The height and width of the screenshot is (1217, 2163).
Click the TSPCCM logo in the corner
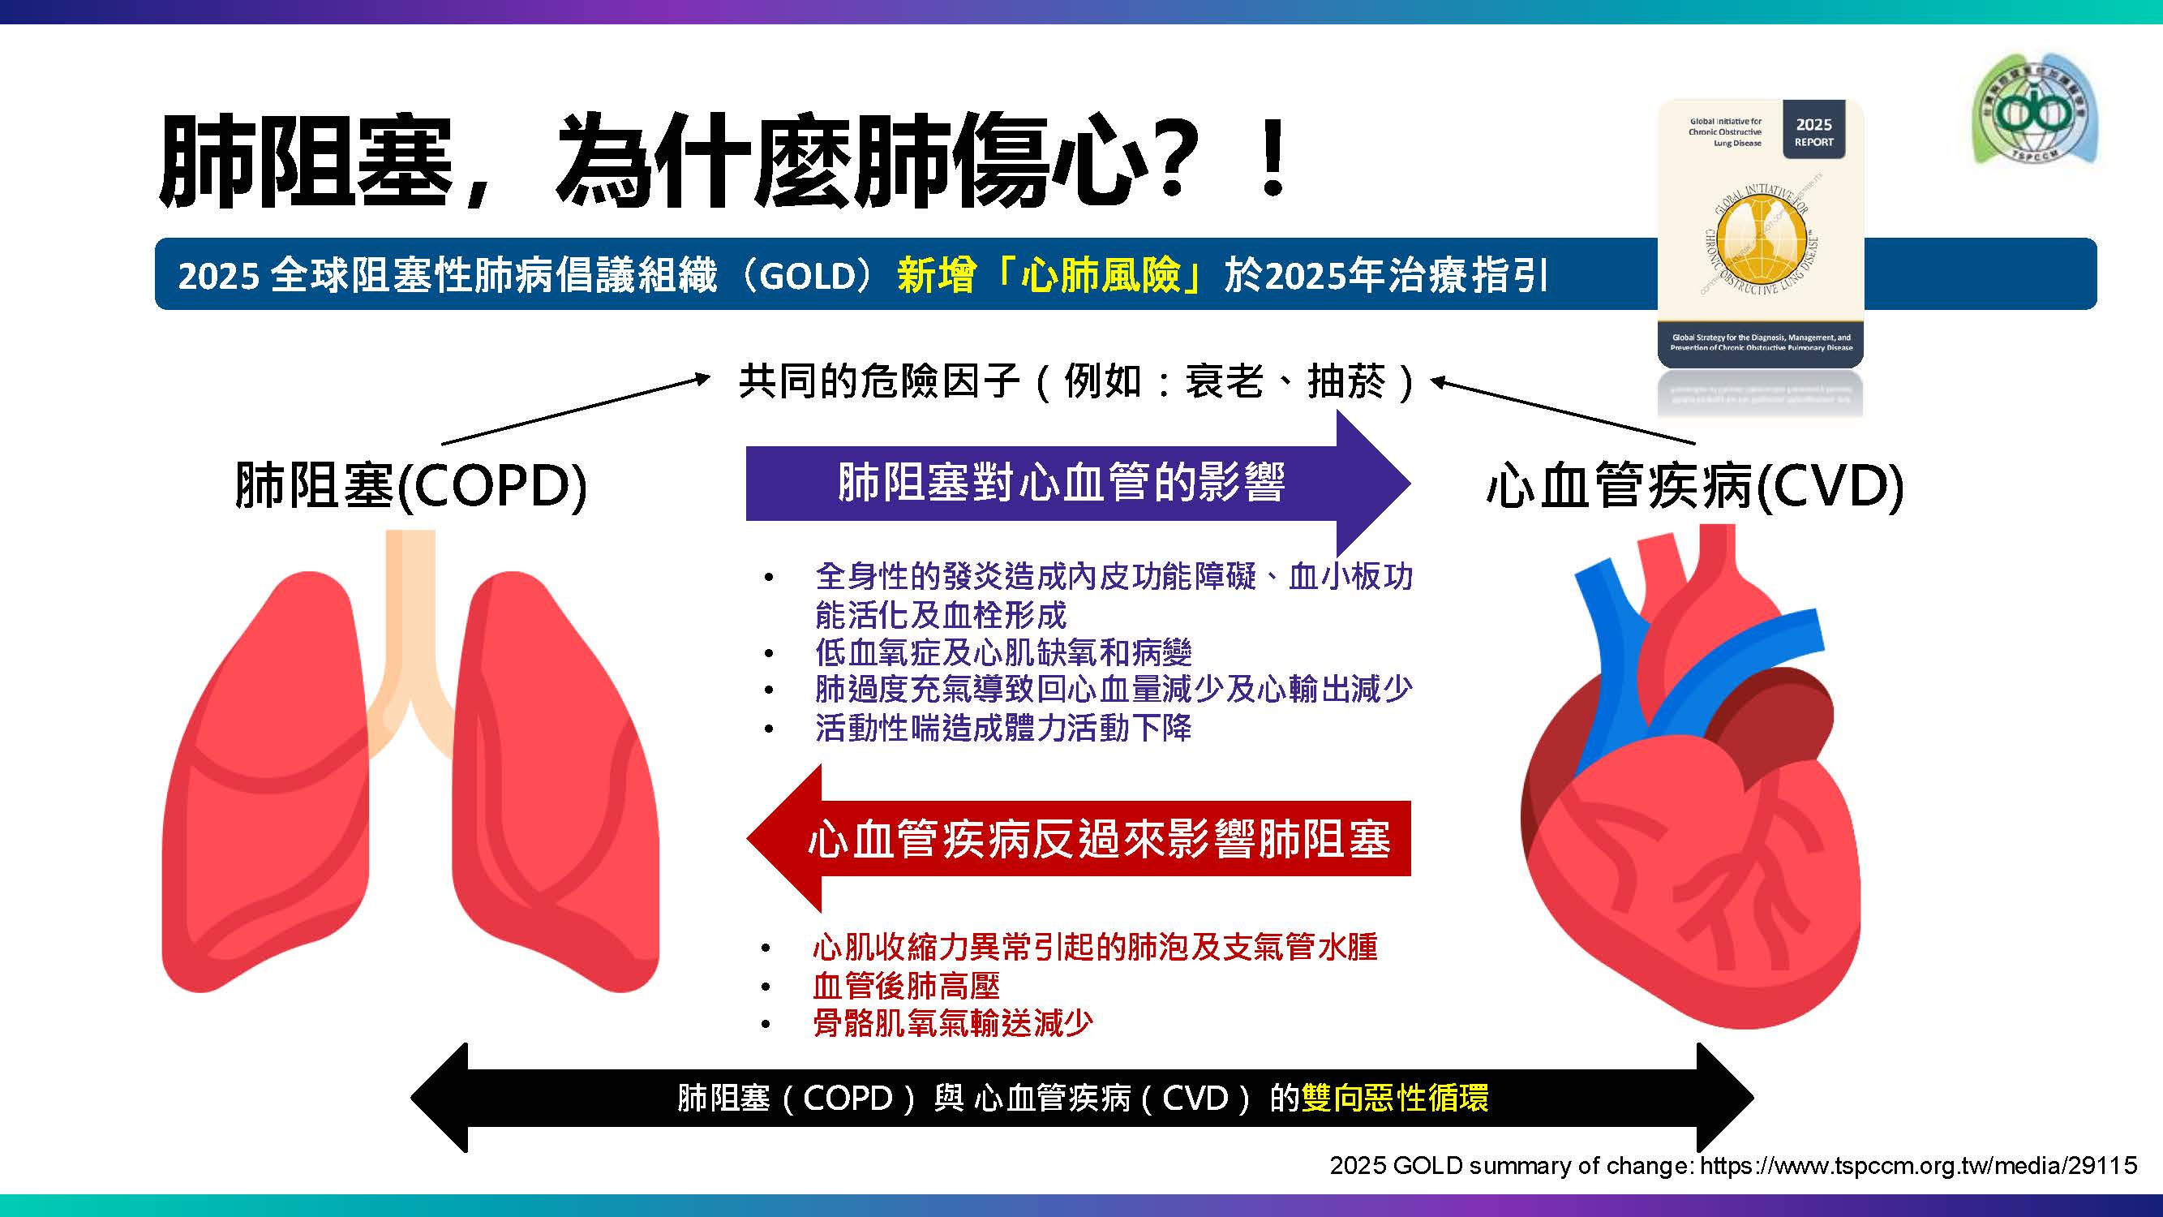pos(2035,110)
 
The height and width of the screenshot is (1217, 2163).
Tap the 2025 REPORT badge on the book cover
pos(1813,132)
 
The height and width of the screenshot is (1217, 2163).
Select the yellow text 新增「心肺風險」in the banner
pos(1049,276)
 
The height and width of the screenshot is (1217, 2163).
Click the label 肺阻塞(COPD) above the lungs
pos(410,485)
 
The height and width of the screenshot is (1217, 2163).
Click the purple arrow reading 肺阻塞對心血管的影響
pos(1062,483)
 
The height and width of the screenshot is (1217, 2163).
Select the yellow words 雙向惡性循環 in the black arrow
pos(1395,1098)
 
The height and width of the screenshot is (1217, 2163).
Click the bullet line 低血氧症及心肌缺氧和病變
pos(1002,652)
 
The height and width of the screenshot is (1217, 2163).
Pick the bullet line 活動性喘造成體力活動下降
pos(1002,727)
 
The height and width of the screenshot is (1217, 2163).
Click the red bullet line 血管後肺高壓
pos(906,985)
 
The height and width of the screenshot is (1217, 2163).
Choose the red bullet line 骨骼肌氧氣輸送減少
pos(952,1023)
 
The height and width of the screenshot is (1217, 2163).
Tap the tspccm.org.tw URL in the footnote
pos(1918,1165)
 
